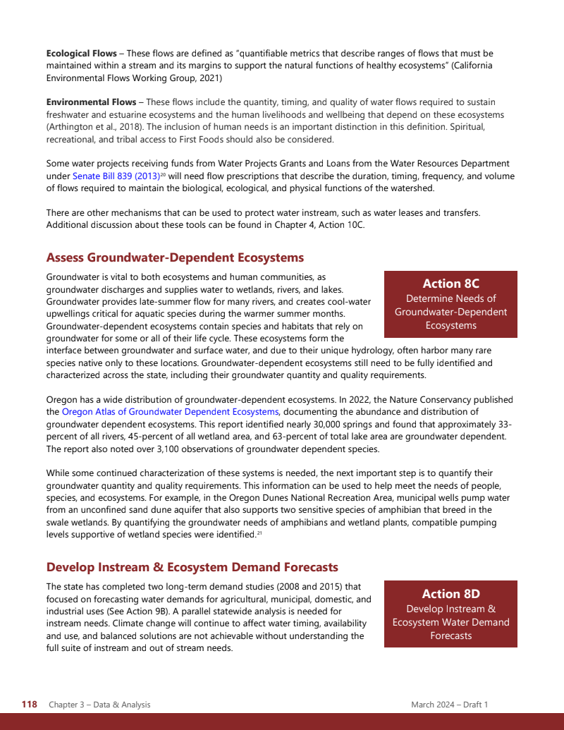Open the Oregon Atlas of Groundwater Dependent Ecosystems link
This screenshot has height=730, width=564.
[x=170, y=412]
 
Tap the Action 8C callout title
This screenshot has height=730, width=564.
[x=450, y=284]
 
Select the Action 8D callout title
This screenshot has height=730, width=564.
[x=450, y=594]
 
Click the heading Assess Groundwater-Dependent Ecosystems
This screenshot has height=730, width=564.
[x=175, y=257]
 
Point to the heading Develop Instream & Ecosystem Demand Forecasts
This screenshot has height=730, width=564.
[x=192, y=567]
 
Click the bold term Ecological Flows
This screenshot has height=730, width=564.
[x=81, y=54]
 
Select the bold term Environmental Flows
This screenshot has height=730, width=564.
[x=91, y=102]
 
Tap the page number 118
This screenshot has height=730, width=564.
[x=29, y=705]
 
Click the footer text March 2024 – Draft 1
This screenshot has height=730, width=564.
[x=450, y=705]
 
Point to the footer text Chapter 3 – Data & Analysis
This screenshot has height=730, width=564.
[x=99, y=705]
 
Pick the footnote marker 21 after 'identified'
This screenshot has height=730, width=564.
[x=259, y=534]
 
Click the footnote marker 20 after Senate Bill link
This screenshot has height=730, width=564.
[x=162, y=174]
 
